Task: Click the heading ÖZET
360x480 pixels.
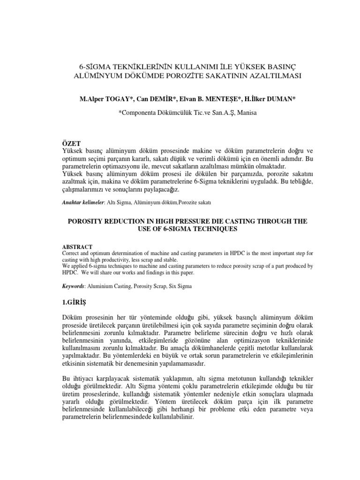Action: click(x=72, y=143)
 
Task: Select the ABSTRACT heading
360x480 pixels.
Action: click(x=77, y=247)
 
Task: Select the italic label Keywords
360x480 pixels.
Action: click(x=73, y=285)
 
